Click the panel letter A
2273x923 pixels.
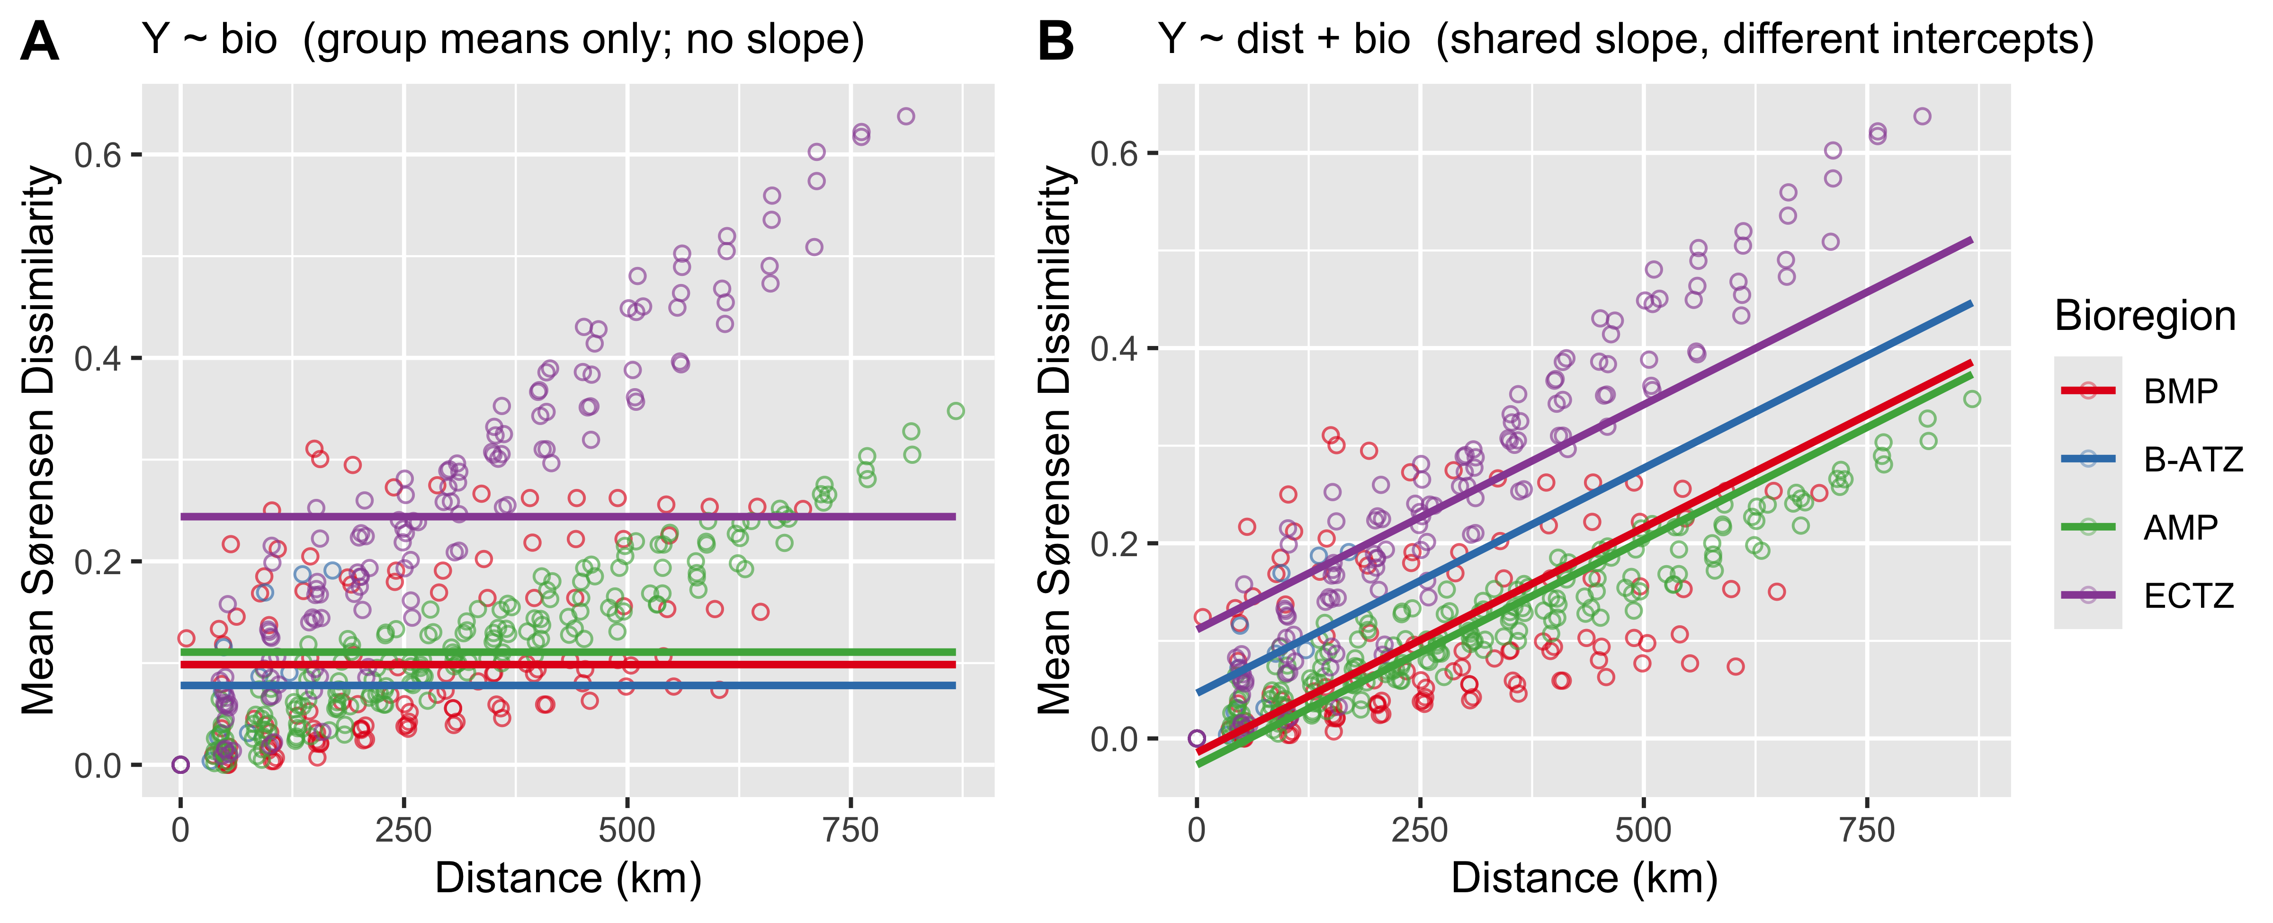(40, 42)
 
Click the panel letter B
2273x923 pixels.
(1056, 42)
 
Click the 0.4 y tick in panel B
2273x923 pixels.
(1114, 348)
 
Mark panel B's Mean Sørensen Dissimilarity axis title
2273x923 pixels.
(1056, 439)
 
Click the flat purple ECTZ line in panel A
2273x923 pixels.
(568, 516)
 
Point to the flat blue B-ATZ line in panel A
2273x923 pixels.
(568, 685)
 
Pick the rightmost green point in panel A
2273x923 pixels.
(956, 411)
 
